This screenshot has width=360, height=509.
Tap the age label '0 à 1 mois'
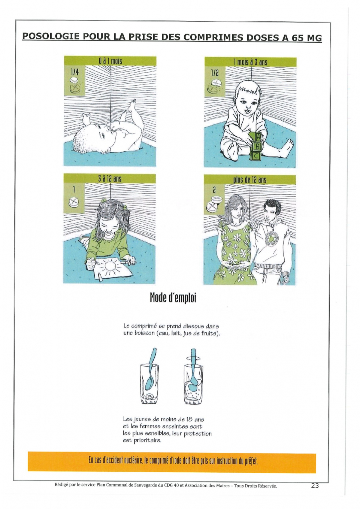point(110,61)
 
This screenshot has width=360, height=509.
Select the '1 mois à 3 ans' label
point(250,62)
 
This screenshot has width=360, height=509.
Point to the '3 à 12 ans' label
point(110,179)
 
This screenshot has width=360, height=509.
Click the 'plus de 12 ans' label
point(250,180)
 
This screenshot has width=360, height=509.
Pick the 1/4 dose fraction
point(74,72)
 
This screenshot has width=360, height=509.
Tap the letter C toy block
point(256,156)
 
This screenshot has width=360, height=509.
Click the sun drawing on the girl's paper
point(111,266)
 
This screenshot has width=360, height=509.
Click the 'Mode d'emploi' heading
point(173,298)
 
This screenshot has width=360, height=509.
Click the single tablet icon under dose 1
point(74,202)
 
